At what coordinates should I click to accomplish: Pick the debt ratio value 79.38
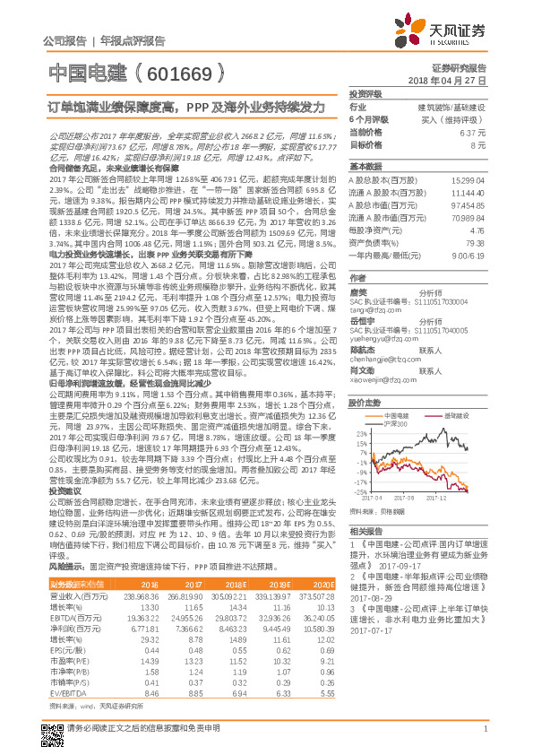[x=476, y=240]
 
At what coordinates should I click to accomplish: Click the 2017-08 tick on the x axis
[x=403, y=495]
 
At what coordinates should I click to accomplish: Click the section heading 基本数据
[x=365, y=167]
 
